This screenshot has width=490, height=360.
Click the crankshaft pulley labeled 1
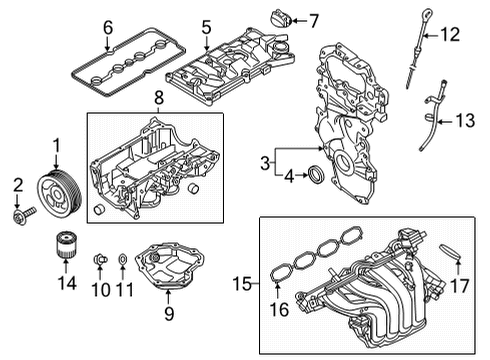tap(55, 189)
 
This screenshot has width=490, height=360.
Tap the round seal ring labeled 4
tap(314, 177)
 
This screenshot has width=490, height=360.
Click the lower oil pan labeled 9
tap(170, 267)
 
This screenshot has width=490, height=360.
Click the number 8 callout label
tap(157, 100)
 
